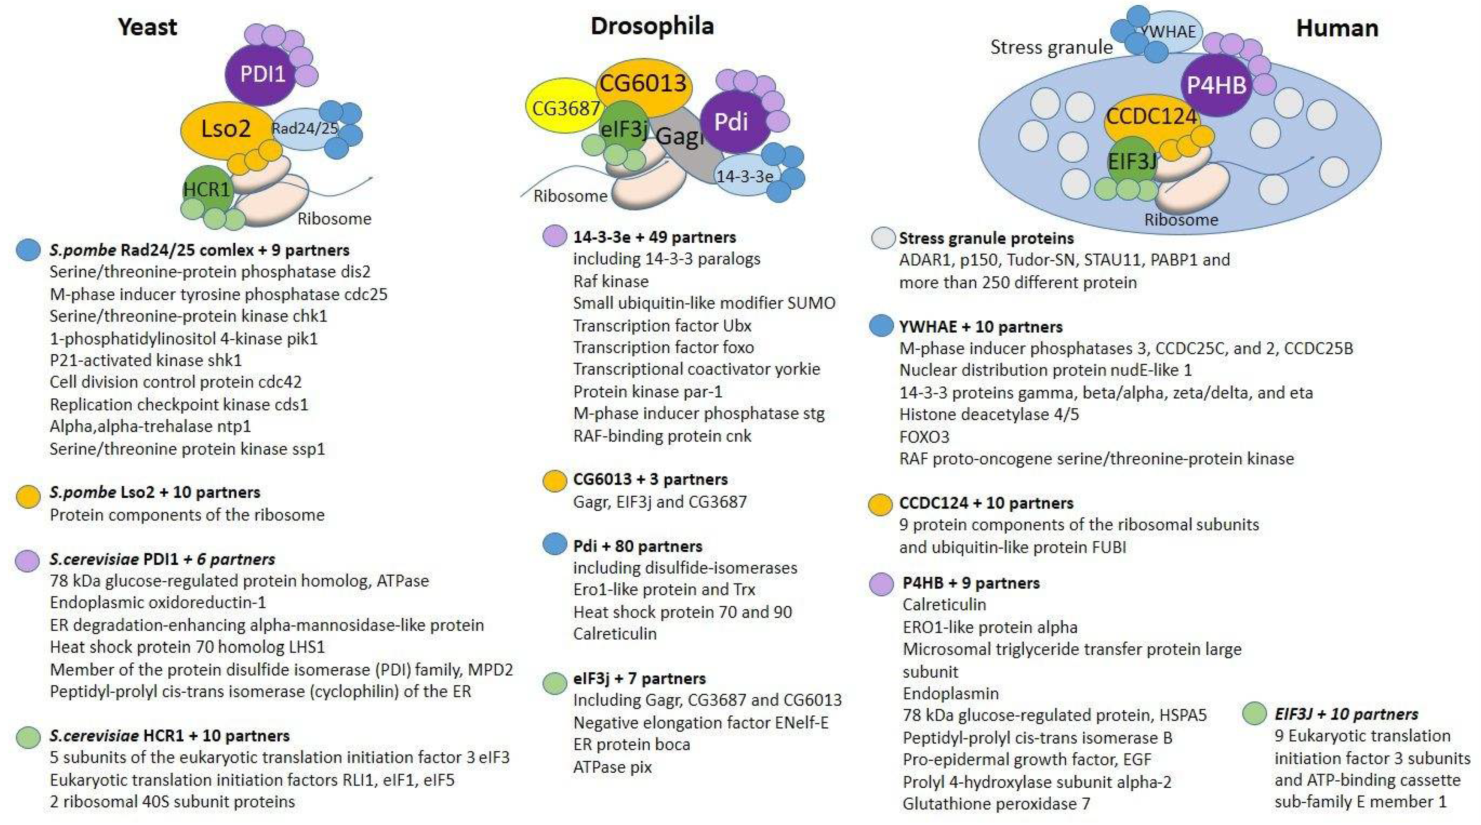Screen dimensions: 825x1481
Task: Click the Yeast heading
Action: click(x=147, y=27)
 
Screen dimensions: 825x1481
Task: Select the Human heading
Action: click(x=1337, y=28)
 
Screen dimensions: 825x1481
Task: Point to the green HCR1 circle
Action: click(x=205, y=188)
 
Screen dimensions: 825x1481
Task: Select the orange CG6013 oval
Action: click(x=643, y=84)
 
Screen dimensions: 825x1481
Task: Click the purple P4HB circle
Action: click(x=1216, y=86)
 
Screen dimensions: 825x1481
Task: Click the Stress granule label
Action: click(x=1051, y=47)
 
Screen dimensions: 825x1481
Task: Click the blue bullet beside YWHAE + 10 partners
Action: click(x=880, y=326)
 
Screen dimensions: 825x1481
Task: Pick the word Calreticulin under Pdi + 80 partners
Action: click(x=615, y=634)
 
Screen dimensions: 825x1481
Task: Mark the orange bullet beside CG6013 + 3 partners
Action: click(x=554, y=480)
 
